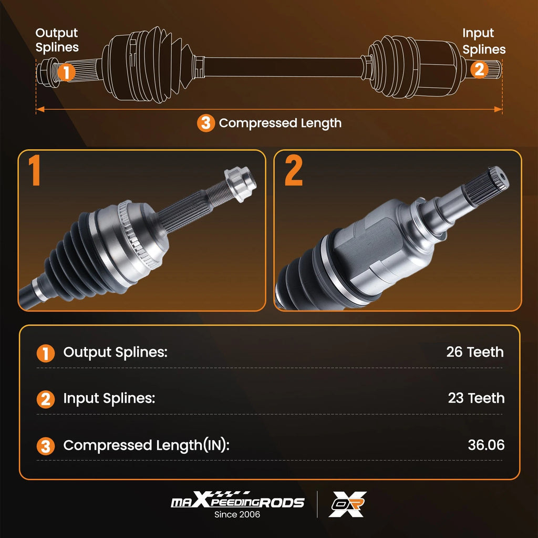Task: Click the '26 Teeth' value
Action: pyautogui.click(x=474, y=352)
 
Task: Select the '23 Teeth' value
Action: pyautogui.click(x=476, y=398)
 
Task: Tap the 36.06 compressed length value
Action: pyautogui.click(x=486, y=445)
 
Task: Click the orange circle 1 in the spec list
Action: pyautogui.click(x=46, y=354)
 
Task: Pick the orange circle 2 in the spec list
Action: pyautogui.click(x=46, y=399)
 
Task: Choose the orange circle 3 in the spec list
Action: pyautogui.click(x=46, y=446)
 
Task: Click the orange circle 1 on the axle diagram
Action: pyautogui.click(x=67, y=71)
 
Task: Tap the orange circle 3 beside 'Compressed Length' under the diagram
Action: pyautogui.click(x=206, y=123)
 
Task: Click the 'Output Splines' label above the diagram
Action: pyautogui.click(x=57, y=40)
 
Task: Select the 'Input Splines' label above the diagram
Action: pyautogui.click(x=484, y=41)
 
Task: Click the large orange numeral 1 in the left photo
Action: pyautogui.click(x=35, y=170)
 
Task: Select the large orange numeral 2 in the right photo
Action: pyautogui.click(x=293, y=170)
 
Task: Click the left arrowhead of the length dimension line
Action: pyautogui.click(x=40, y=109)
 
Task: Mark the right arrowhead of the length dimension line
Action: pyautogui.click(x=498, y=109)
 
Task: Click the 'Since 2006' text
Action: pyautogui.click(x=237, y=514)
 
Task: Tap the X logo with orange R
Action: pyautogui.click(x=347, y=504)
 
